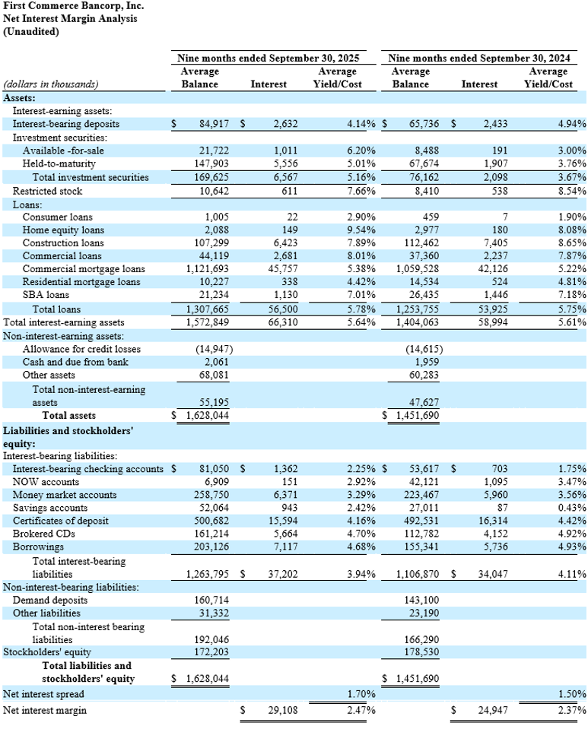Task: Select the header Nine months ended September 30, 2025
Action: [x=268, y=58]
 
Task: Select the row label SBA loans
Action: [x=46, y=295]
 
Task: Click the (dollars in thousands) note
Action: [x=51, y=84]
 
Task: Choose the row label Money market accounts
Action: [x=61, y=494]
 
